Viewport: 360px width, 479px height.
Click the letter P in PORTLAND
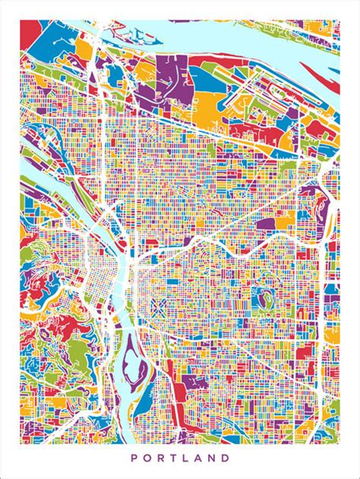coord(134,458)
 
